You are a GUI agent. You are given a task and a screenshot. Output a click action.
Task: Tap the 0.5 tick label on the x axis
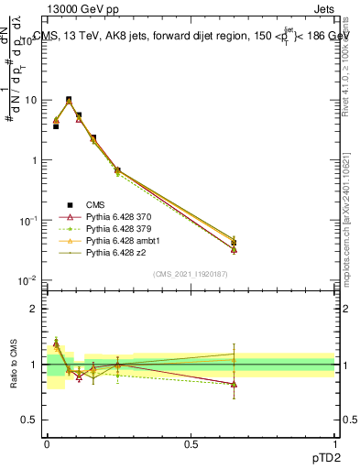(191, 442)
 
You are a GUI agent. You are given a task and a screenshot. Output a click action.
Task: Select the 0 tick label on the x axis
(47, 442)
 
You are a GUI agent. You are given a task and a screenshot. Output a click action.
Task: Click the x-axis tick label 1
(334, 442)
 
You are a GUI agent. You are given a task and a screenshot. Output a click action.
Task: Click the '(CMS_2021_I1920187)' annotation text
(191, 273)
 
